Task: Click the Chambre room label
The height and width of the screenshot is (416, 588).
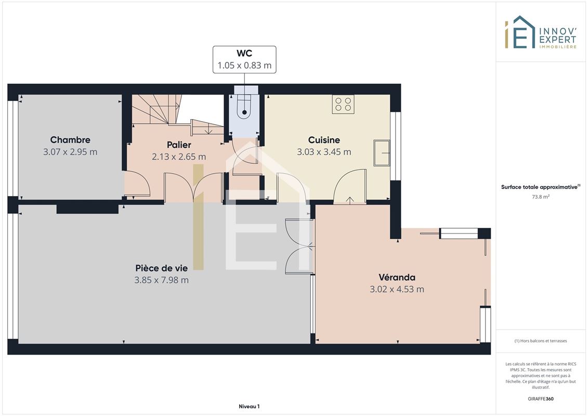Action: point(70,140)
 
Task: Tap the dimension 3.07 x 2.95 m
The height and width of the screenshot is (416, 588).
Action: point(70,152)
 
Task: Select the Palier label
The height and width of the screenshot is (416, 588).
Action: point(179,145)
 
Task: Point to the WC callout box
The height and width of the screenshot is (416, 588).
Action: point(244,60)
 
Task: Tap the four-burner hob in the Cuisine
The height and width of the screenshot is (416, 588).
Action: point(343,105)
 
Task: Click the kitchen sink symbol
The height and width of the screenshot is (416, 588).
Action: point(382,153)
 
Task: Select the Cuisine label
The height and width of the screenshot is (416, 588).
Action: point(324,140)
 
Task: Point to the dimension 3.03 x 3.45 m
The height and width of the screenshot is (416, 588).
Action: point(324,152)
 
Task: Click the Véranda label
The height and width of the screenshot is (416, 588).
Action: point(397,277)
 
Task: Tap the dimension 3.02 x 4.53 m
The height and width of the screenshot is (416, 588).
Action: point(397,289)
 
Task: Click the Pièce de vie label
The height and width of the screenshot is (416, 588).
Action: point(161,268)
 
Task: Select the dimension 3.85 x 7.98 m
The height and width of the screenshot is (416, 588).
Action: point(161,280)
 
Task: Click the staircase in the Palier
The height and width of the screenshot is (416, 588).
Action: point(176,114)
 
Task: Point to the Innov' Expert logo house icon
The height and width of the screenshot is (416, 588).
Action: point(520,32)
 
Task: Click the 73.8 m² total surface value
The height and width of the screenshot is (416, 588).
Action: point(540,197)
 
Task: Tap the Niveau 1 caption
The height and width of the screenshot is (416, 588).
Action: point(249,406)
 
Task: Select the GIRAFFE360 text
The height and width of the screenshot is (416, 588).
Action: point(540,399)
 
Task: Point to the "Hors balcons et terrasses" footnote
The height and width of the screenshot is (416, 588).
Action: point(540,341)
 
